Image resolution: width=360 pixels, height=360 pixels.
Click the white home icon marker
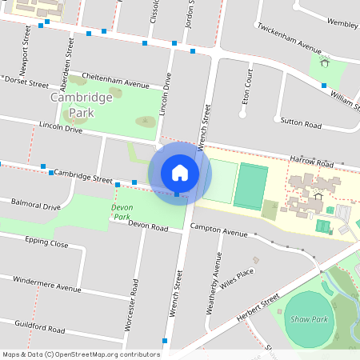pyautogui.click(x=180, y=172)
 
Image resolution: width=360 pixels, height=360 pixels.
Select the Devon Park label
pyautogui.click(x=121, y=211)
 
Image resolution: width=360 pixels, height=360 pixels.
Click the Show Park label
pyautogui.click(x=310, y=318)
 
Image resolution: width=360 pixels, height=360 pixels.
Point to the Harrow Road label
pyautogui.click(x=311, y=162)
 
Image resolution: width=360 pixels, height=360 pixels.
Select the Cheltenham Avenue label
pyautogui.click(x=116, y=84)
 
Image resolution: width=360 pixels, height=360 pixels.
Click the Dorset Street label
pyautogui.click(x=32, y=82)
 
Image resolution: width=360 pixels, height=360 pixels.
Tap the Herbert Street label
pyautogui.click(x=258, y=309)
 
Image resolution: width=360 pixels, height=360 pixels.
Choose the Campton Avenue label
pyautogui.click(x=219, y=231)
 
